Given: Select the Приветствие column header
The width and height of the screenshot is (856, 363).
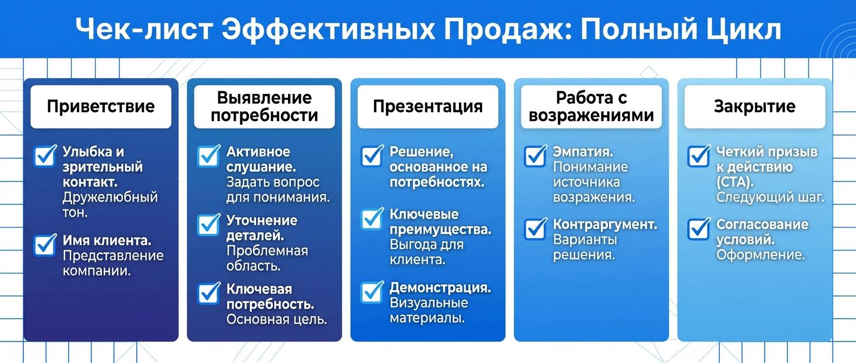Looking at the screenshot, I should pos(101,106).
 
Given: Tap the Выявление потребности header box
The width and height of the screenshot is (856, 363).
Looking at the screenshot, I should pos(264,106).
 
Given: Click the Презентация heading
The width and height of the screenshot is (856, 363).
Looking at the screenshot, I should pos(427,106).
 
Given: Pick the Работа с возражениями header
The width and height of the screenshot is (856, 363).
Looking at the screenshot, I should pos(591,106).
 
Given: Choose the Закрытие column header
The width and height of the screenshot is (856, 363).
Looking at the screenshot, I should pos(754,106).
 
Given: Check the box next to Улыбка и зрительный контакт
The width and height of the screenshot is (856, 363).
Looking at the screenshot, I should pos(45,157).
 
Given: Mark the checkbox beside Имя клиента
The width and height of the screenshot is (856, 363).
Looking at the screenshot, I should pos(45,245).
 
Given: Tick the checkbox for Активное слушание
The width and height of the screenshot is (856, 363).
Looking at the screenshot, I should pos(209,157).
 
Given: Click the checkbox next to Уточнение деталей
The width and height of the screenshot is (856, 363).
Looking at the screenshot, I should pos(209,225).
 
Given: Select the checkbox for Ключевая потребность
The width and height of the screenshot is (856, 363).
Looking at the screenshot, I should pos(209,293).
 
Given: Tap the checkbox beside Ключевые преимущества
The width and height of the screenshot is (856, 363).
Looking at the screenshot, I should pos(372,219).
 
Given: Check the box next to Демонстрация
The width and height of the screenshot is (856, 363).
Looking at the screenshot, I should pos(372,292).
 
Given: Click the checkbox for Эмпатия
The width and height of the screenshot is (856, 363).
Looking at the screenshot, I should pos(535,157).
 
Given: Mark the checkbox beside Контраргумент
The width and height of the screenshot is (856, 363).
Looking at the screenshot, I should pos(535,229).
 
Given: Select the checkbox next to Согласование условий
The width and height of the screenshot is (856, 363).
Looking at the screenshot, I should pos(698,229).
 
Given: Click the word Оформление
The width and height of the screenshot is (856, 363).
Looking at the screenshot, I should pos(760,254).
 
